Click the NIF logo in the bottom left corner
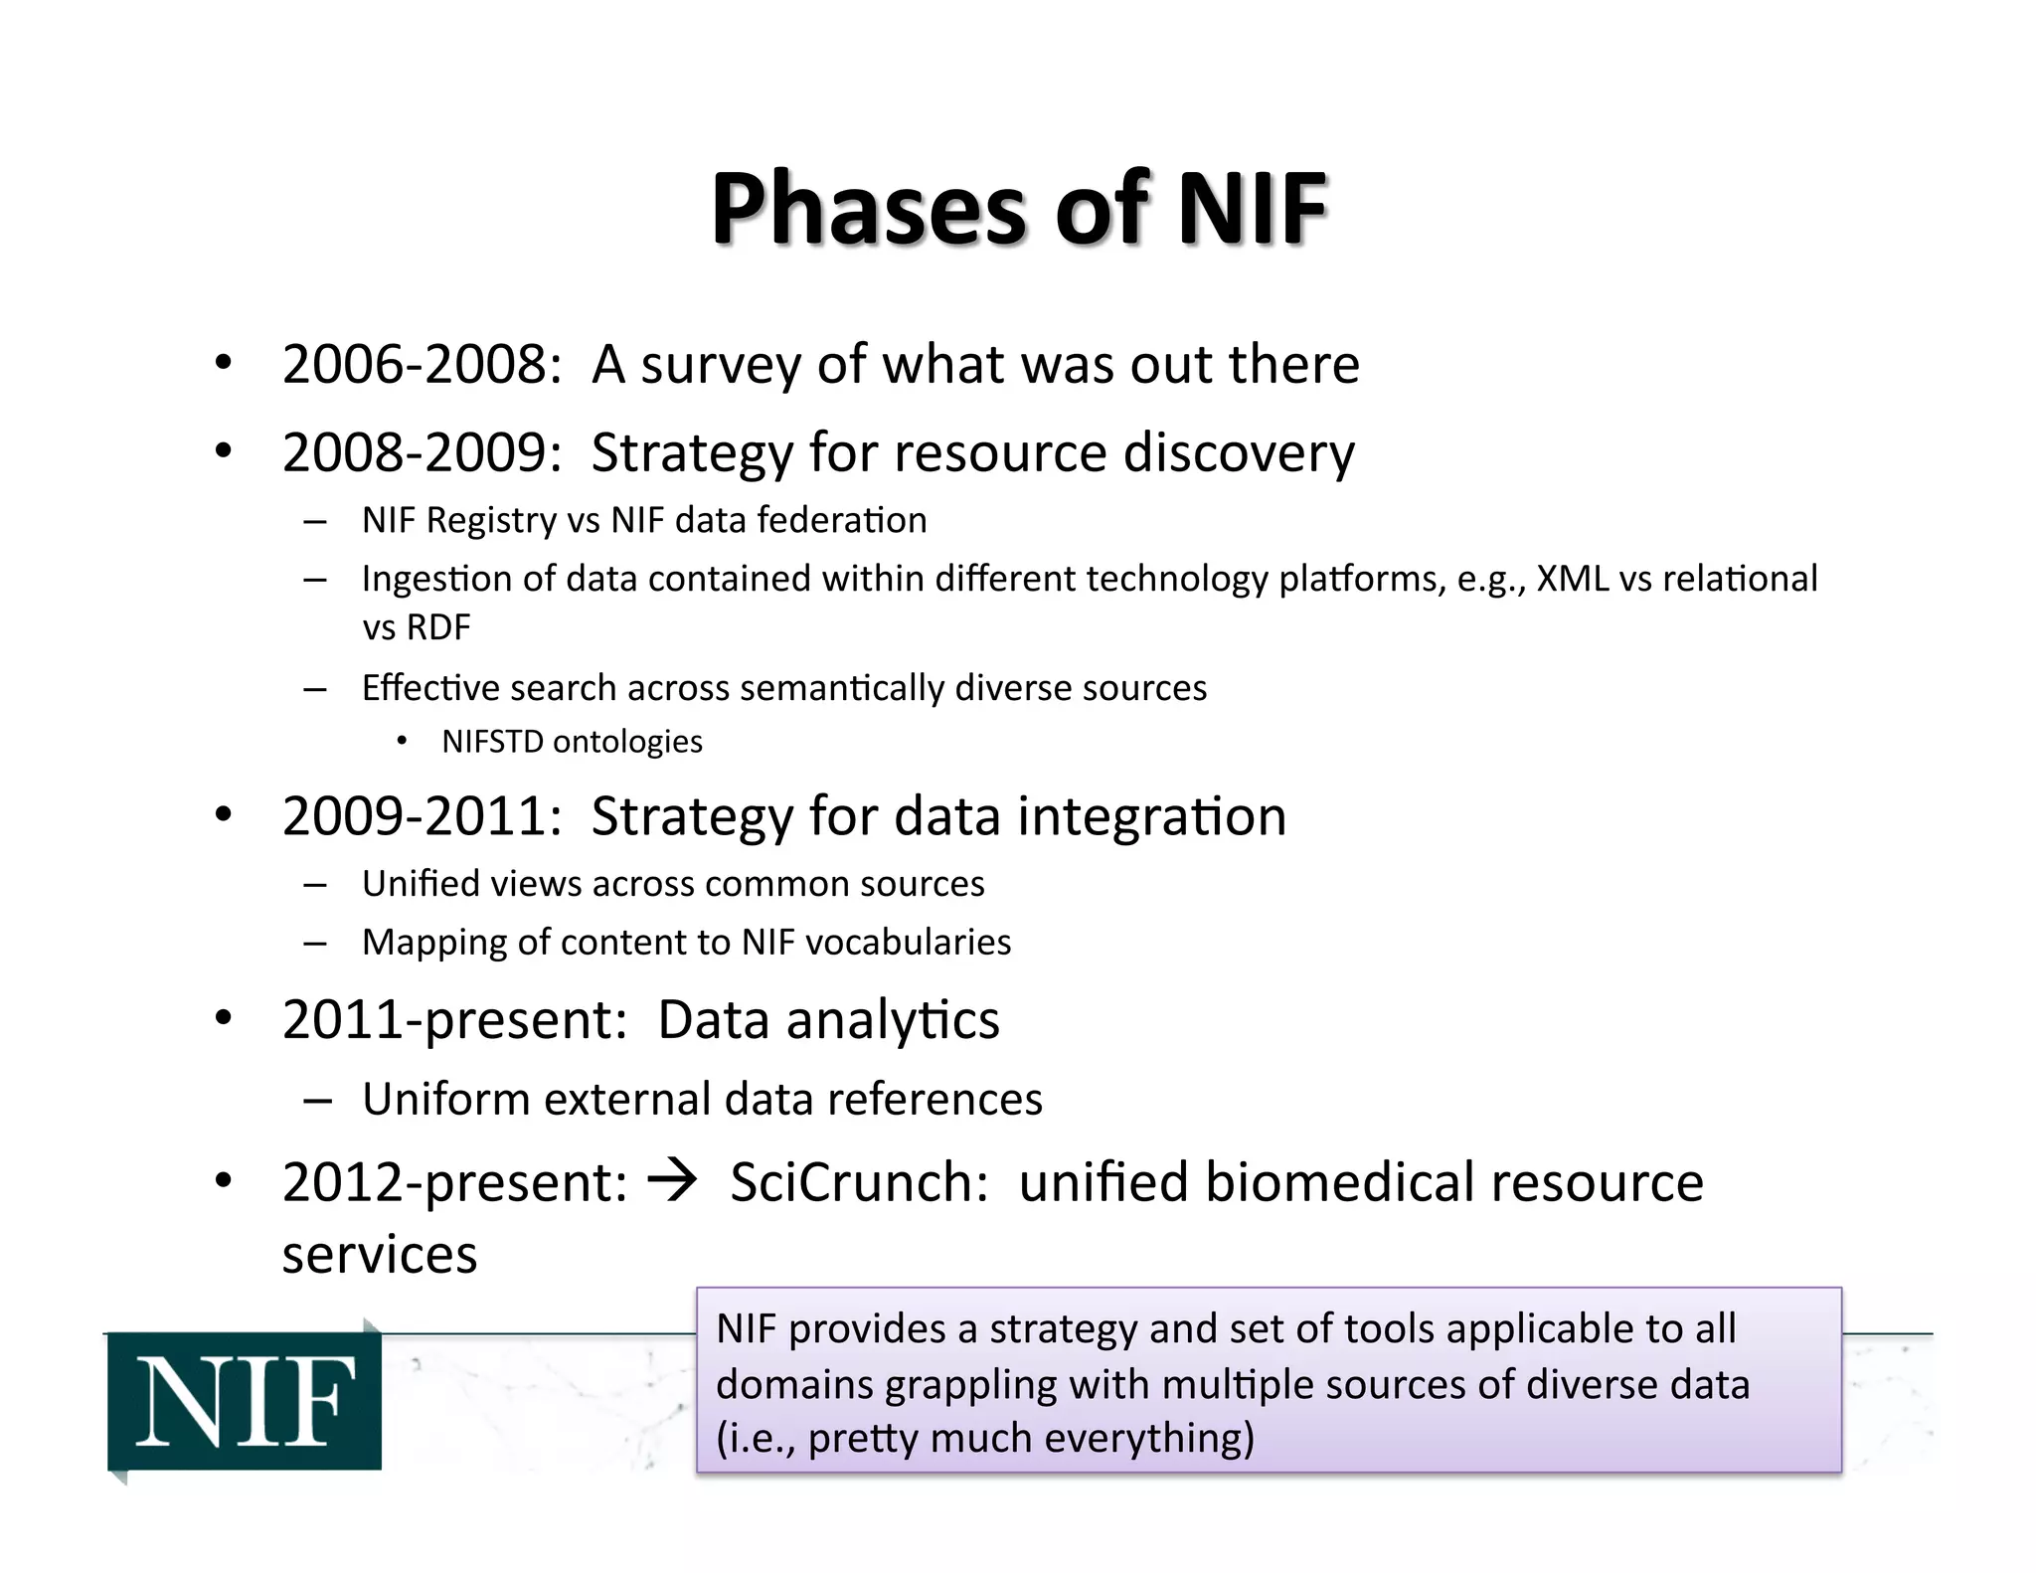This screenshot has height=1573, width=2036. coord(245,1401)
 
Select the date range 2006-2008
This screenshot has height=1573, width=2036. coord(415,365)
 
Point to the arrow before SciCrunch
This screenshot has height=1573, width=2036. coord(673,1183)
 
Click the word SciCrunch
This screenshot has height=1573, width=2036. coord(858,1183)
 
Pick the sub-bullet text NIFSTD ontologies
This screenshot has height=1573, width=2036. coord(572,742)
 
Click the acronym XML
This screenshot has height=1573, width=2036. coord(1572,579)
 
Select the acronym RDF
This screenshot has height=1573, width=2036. coord(438,628)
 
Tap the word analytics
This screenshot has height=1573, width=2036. coord(893,1021)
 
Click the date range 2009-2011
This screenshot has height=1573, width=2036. coord(415,817)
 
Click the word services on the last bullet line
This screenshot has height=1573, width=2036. coord(380,1255)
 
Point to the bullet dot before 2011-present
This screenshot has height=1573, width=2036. coord(224,1018)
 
